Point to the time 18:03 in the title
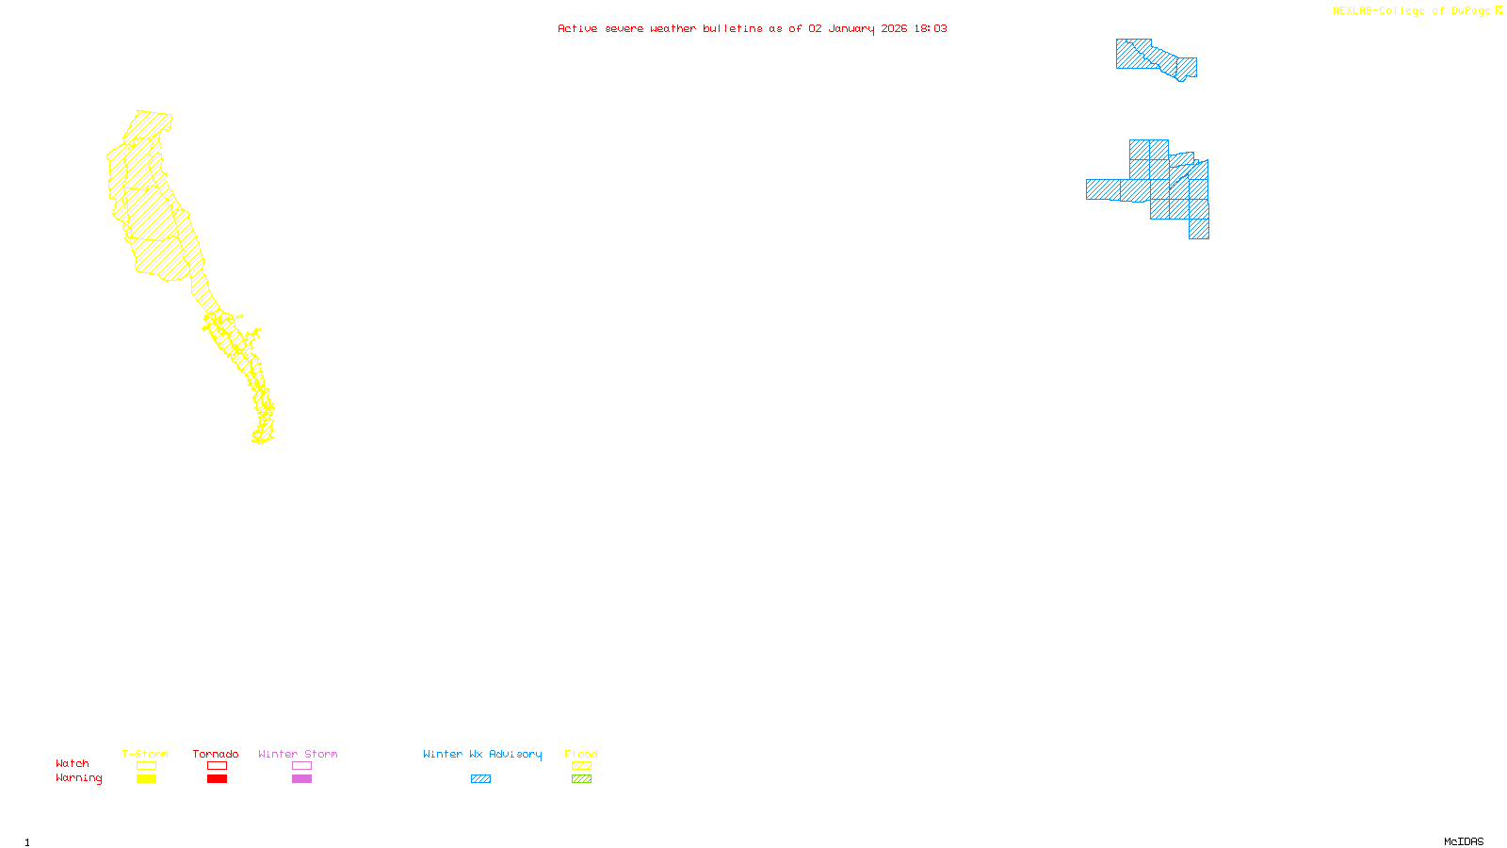(931, 29)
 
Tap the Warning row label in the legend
(78, 778)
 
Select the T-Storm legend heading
(145, 754)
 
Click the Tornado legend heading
(216, 754)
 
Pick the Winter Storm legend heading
(298, 754)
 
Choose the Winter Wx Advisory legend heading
(482, 754)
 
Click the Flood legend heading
(581, 754)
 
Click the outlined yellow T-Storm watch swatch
(146, 766)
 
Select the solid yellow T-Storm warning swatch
(146, 779)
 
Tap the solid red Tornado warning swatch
(217, 779)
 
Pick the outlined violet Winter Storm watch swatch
(301, 766)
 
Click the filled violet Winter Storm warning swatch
(301, 779)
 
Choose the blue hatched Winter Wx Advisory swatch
(480, 779)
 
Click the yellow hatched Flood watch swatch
(581, 766)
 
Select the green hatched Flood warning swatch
(581, 779)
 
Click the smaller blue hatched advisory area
(1156, 57)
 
